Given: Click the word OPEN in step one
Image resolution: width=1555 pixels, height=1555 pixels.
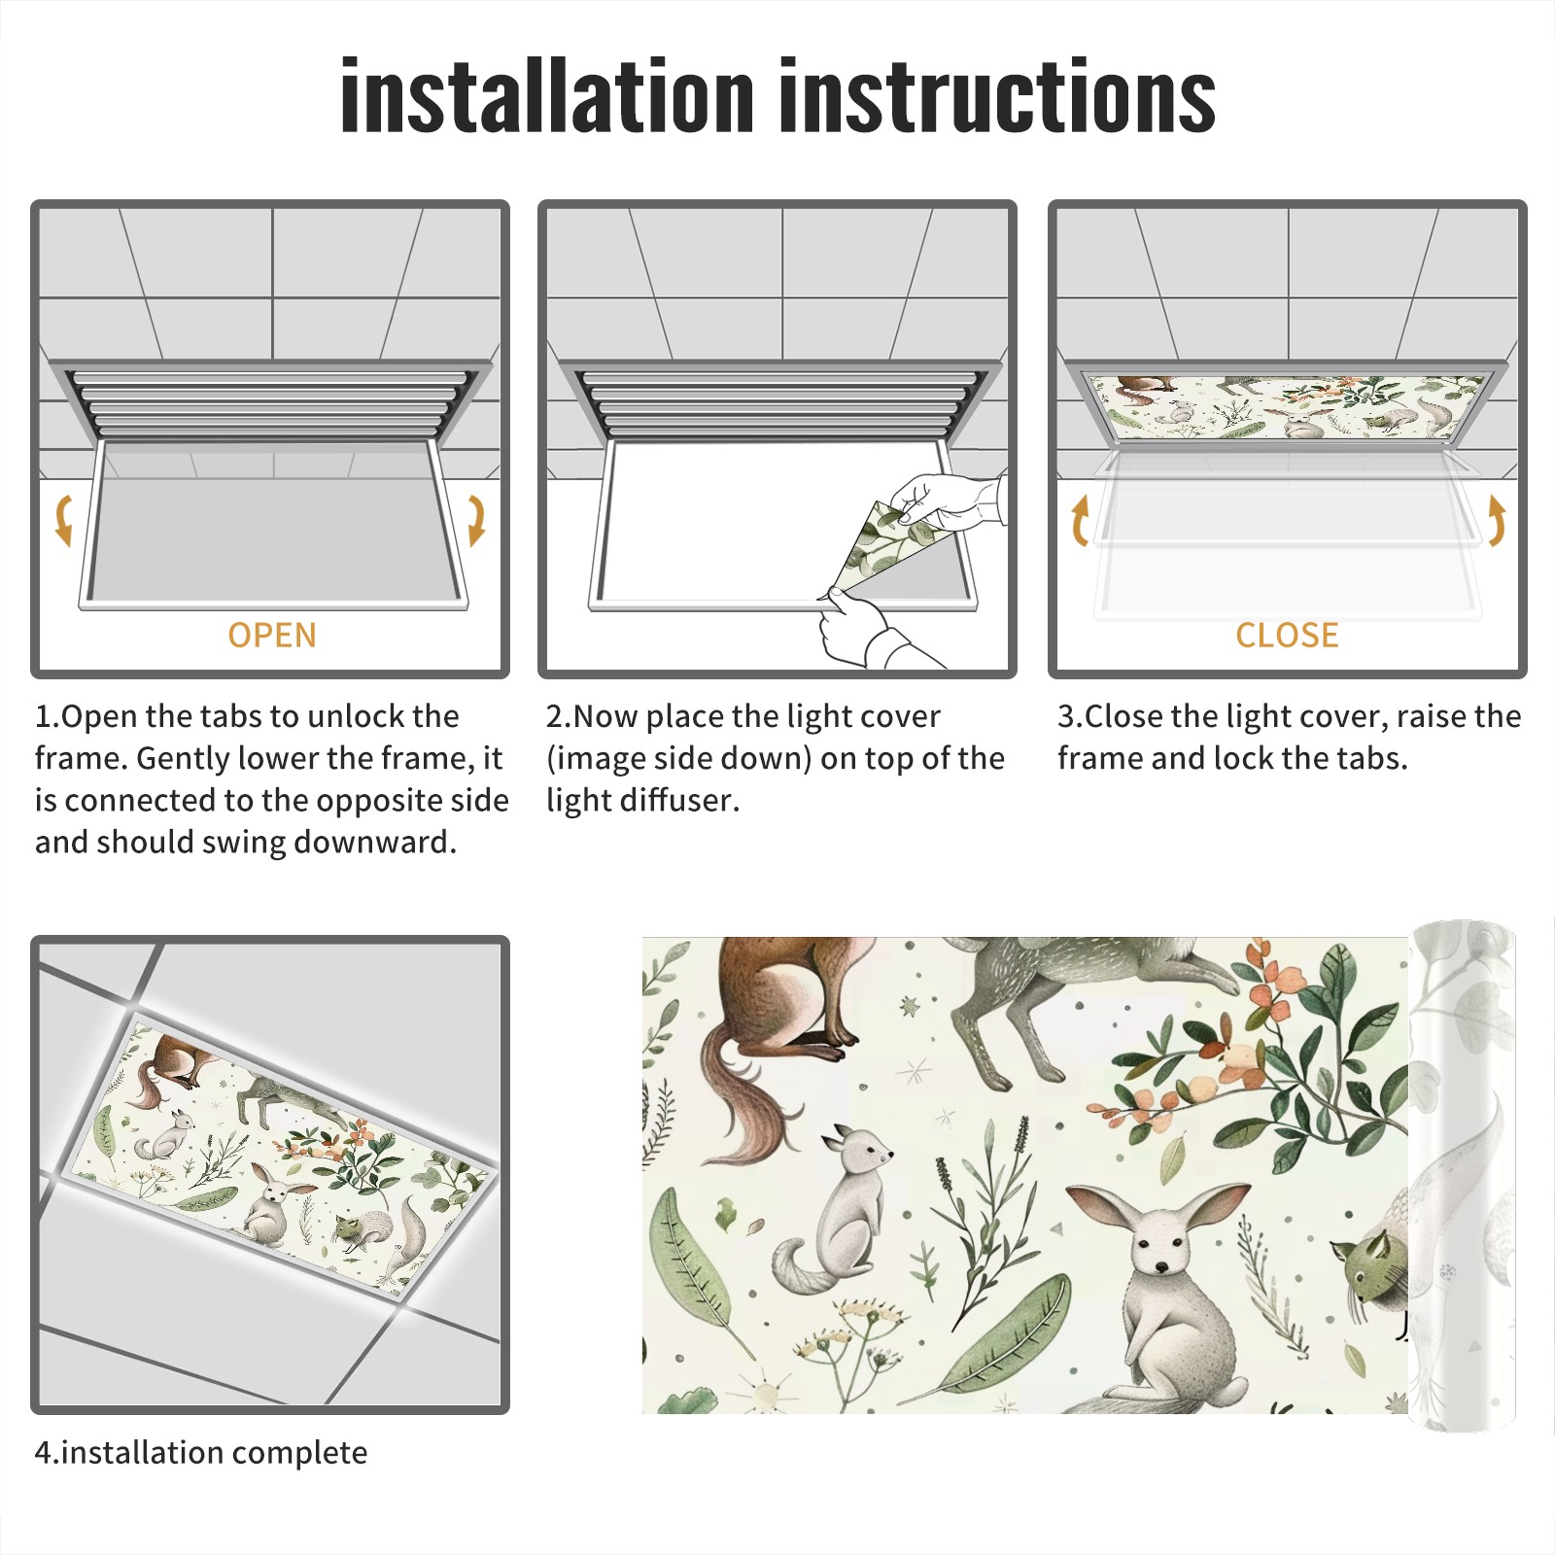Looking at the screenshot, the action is (272, 636).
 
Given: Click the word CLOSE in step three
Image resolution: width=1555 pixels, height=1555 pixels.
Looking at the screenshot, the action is (1287, 636).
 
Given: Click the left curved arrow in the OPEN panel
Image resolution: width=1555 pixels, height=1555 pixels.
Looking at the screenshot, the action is (62, 519).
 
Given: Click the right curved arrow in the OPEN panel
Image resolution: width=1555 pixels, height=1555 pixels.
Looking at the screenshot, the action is (477, 519).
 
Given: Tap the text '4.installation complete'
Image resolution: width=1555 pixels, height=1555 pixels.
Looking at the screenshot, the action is (201, 1453).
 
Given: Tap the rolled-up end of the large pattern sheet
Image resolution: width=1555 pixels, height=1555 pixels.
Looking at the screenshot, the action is (1462, 1176).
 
